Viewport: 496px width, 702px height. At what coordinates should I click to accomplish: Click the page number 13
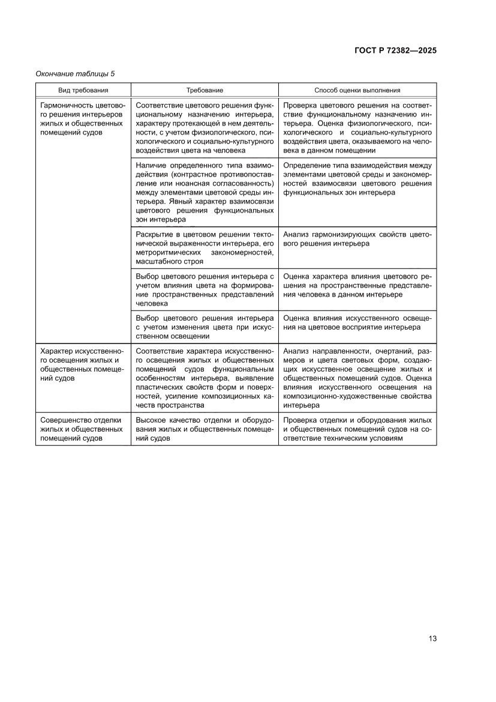point(432,638)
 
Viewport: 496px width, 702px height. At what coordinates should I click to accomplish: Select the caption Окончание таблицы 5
point(75,74)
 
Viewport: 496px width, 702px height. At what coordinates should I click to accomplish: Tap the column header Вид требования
point(83,90)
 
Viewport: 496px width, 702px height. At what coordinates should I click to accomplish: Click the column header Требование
point(205,90)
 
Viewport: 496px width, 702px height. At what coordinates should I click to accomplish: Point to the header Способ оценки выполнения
point(357,90)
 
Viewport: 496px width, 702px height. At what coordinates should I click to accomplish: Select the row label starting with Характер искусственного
point(82,365)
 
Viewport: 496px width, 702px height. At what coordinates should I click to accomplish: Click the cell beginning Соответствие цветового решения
point(205,127)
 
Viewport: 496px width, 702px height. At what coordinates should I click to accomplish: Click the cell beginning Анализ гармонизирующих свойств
point(357,239)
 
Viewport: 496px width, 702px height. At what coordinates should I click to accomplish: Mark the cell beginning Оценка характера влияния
point(357,285)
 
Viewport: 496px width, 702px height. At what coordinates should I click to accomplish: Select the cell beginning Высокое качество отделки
point(205,429)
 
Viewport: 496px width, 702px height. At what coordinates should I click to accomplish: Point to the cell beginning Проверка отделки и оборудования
point(357,429)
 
